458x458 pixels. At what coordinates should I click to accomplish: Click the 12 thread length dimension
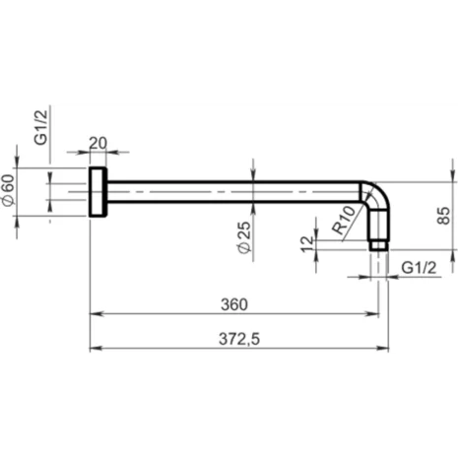coord(307,242)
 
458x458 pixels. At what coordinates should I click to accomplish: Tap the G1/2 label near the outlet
coord(420,266)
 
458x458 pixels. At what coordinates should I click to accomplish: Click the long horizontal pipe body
coord(236,191)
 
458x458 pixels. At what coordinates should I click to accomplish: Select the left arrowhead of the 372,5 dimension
coord(95,348)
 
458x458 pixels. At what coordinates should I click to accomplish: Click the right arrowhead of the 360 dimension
coord(375,313)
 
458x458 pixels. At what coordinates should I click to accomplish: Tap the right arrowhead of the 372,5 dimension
coord(384,348)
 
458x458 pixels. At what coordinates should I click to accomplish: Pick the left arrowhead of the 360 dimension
coord(95,313)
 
